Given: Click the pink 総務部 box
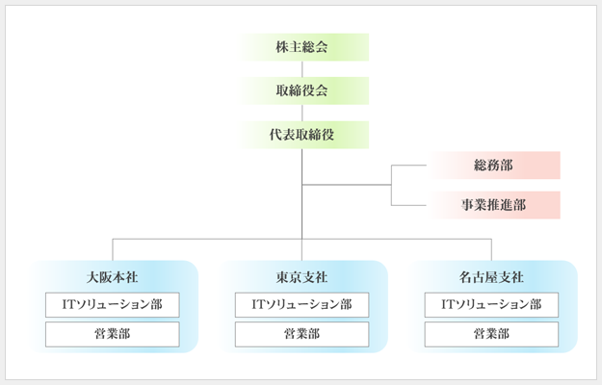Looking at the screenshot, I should [493, 166].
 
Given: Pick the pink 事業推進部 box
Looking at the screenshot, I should [493, 205].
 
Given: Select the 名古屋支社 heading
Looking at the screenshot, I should [491, 277].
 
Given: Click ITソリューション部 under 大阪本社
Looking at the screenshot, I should [112, 305].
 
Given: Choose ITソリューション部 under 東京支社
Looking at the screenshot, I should [301, 305].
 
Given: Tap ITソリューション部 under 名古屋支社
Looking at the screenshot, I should [491, 305].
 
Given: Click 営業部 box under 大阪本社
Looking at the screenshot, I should [112, 334].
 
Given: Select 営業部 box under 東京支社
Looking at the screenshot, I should [301, 334].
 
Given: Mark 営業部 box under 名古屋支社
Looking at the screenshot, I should [491, 334].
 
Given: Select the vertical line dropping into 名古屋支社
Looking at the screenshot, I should [491, 248].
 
